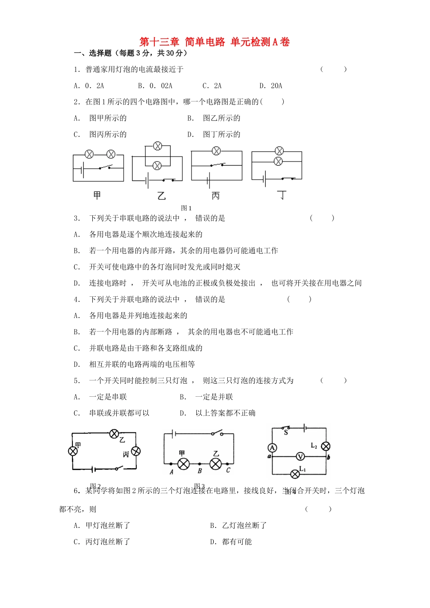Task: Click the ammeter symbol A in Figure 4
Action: coord(272,448)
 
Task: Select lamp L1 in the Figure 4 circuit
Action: coord(295,474)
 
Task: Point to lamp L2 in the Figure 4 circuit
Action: coord(325,446)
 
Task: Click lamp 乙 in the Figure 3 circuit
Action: coord(216,464)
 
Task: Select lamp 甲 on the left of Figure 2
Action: coord(72,451)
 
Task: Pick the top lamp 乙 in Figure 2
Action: coord(114,434)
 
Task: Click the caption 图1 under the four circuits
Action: coord(186,208)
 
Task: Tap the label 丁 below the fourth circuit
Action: coord(282,195)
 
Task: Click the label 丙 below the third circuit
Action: coord(216,195)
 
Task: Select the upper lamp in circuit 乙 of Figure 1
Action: coord(157,146)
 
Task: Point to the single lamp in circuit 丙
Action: coord(216,151)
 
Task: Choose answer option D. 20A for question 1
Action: coord(271,86)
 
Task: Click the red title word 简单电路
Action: coord(205,42)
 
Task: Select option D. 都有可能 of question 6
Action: coord(231,542)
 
